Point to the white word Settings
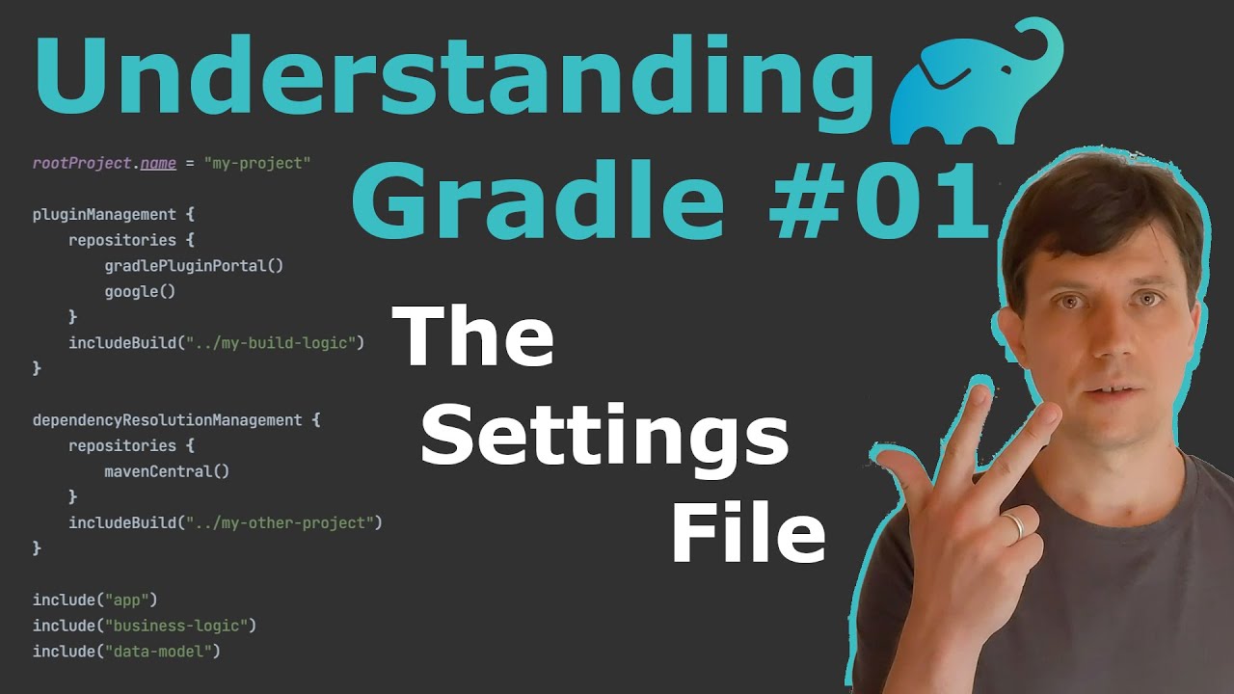pyautogui.click(x=604, y=437)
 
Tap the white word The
pyautogui.click(x=473, y=336)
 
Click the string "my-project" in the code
pyautogui.click(x=257, y=163)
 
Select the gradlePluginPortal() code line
pyautogui.click(x=194, y=265)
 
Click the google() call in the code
pyautogui.click(x=140, y=291)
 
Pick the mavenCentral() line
pyautogui.click(x=167, y=471)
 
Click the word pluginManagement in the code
pyautogui.click(x=104, y=214)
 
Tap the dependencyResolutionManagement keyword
pyautogui.click(x=167, y=420)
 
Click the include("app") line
pyautogui.click(x=94, y=600)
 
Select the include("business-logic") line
pyautogui.click(x=145, y=626)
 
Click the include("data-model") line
pyautogui.click(x=126, y=652)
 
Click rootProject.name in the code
pyautogui.click(x=104, y=163)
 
